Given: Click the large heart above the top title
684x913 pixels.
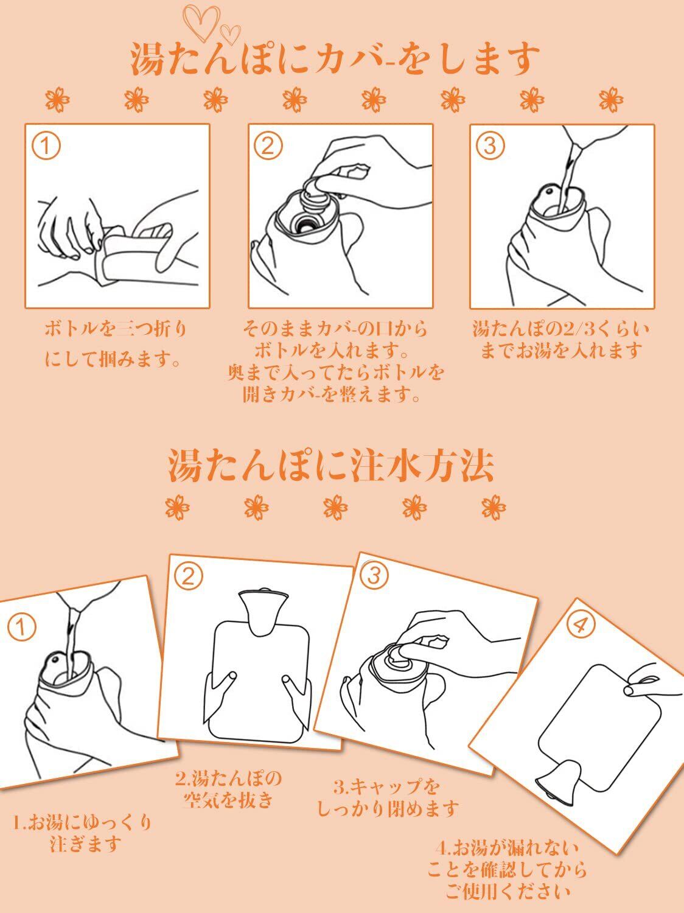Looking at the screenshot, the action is pyautogui.click(x=201, y=23).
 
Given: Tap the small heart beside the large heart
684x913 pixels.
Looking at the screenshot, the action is pyautogui.click(x=231, y=34).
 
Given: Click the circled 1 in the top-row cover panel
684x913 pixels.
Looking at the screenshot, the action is pyautogui.click(x=46, y=146).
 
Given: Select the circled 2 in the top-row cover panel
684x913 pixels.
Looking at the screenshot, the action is pyautogui.click(x=268, y=146).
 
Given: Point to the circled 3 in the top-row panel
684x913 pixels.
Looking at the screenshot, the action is pyautogui.click(x=490, y=146).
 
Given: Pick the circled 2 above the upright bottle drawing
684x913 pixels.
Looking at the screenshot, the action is pyautogui.click(x=189, y=576).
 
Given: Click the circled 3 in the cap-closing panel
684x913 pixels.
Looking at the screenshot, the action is pyautogui.click(x=374, y=575).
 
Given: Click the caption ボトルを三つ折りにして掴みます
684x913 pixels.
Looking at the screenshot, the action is pyautogui.click(x=114, y=344).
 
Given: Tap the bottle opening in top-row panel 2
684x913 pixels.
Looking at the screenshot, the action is pyautogui.click(x=307, y=225).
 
